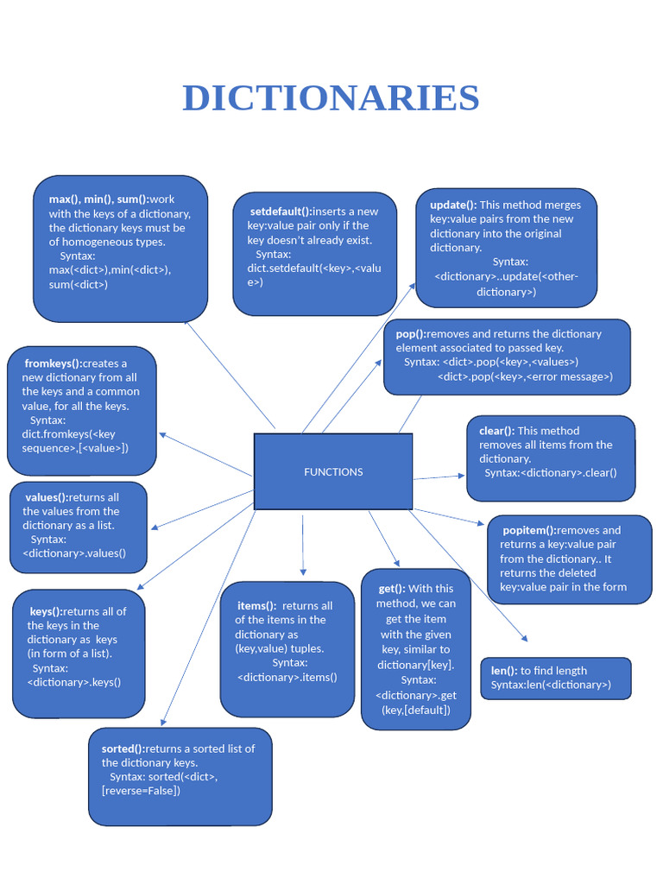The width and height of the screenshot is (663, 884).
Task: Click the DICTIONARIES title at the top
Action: click(x=331, y=98)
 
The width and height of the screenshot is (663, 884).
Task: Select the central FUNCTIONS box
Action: click(x=333, y=471)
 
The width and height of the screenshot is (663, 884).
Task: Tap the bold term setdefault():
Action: click(x=280, y=212)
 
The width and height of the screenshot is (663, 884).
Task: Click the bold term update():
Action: click(x=453, y=205)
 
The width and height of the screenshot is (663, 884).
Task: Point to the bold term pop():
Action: click(x=411, y=334)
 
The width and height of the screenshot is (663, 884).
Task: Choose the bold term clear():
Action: click(x=496, y=431)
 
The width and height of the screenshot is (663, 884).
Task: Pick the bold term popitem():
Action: click(x=530, y=530)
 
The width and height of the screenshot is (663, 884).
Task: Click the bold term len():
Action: click(x=504, y=671)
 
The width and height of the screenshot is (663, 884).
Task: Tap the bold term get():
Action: click(x=392, y=589)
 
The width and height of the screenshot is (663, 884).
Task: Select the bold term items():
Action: click(x=257, y=606)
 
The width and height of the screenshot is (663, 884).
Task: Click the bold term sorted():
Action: click(x=123, y=748)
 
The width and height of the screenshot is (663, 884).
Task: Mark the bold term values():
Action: click(x=47, y=497)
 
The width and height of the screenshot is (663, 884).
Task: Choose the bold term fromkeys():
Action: click(x=54, y=363)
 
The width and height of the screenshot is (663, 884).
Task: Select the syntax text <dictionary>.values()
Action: click(x=74, y=552)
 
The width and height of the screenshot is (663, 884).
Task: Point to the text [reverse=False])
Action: click(x=142, y=790)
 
